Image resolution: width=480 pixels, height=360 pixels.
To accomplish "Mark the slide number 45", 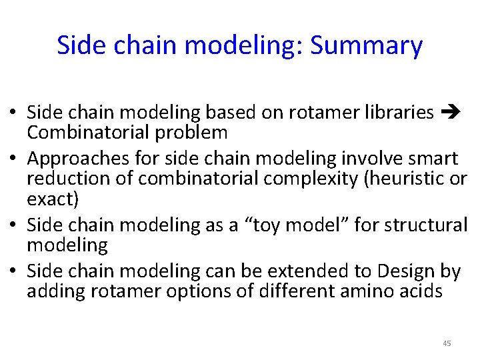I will click(x=447, y=343).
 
